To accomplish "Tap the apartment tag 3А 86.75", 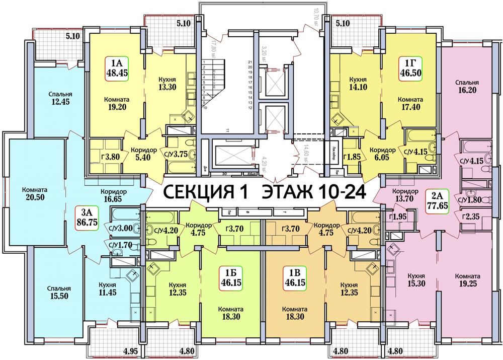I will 86,216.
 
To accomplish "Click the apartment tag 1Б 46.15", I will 231,277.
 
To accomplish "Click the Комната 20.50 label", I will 35,194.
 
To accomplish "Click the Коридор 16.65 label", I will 113,196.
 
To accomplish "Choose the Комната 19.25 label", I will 467,281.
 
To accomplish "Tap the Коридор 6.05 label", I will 381,154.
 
